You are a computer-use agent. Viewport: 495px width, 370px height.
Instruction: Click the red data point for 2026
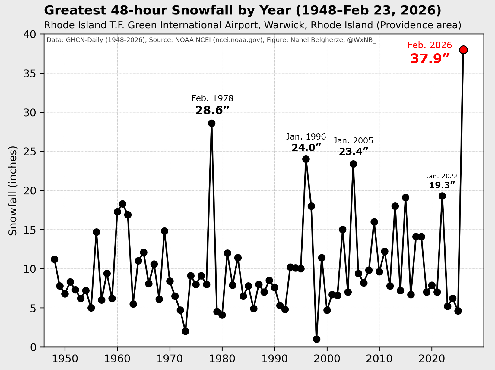[463, 50]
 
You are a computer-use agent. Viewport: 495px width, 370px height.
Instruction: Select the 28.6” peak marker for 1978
[212, 123]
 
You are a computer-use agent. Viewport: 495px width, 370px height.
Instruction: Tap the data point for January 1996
[306, 159]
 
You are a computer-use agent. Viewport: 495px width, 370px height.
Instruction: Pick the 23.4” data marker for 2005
[353, 164]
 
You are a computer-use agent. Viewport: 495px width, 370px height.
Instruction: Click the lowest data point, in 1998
[316, 339]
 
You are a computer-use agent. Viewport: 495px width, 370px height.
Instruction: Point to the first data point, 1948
[55, 259]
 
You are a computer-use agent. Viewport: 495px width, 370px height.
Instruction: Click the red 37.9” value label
[430, 59]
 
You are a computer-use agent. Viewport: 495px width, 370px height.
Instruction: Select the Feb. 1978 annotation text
[212, 99]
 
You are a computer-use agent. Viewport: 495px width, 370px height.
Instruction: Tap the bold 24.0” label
[306, 148]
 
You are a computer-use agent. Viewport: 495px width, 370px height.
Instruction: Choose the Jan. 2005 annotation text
[353, 141]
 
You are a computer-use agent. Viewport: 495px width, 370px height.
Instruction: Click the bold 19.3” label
[442, 185]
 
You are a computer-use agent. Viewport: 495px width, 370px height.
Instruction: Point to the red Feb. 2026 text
[430, 45]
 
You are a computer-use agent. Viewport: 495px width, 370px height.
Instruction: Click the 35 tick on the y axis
[30, 74]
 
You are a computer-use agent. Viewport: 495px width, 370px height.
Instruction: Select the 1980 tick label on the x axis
[222, 359]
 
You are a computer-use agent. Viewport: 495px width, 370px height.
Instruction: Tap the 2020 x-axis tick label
[432, 359]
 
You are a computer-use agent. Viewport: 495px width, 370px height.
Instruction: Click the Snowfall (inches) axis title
[13, 190]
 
